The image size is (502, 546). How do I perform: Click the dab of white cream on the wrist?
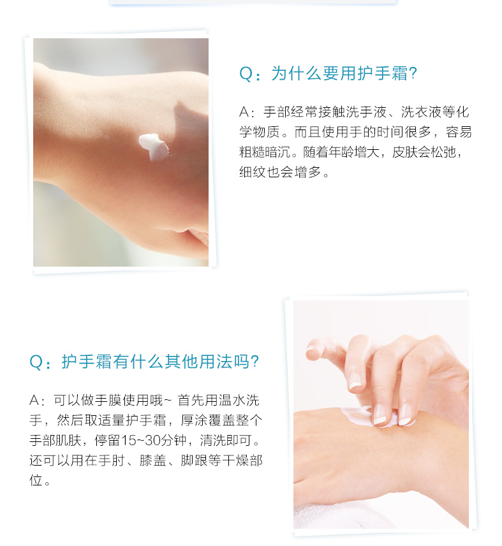(154, 147)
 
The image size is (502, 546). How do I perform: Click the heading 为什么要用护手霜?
(339, 73)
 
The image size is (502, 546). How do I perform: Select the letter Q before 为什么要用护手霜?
(246, 74)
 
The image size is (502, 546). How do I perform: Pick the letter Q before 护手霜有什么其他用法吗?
(36, 362)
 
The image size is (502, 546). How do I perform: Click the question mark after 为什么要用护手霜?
(413, 73)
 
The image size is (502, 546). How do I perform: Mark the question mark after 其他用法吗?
(255, 362)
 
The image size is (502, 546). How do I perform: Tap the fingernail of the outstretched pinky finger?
(309, 348)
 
